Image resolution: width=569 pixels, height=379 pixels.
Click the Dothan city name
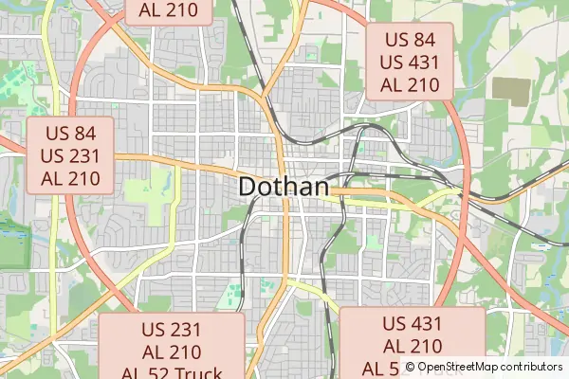click(x=284, y=187)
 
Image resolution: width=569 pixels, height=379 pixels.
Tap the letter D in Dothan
click(x=248, y=187)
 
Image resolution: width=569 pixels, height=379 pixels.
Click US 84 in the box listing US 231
click(x=70, y=133)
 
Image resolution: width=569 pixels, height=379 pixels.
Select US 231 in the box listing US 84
click(x=70, y=155)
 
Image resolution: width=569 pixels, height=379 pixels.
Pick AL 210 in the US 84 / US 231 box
click(x=70, y=177)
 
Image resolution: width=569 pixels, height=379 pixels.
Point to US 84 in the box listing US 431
click(x=410, y=40)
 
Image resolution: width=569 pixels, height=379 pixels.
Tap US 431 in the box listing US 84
click(x=410, y=62)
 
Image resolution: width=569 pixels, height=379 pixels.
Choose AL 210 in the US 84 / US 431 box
click(x=410, y=84)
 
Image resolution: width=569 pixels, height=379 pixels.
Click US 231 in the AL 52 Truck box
click(x=172, y=331)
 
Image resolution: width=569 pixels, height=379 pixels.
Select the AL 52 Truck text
click(x=172, y=372)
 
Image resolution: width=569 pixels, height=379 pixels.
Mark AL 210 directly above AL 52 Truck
click(x=172, y=352)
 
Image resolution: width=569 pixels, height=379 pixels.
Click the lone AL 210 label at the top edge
click(x=168, y=10)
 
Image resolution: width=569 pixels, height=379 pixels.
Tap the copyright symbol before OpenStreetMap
click(x=410, y=367)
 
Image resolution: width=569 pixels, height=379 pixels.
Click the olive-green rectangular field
click(x=511, y=90)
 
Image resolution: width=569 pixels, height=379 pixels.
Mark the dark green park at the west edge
click(x=11, y=242)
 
